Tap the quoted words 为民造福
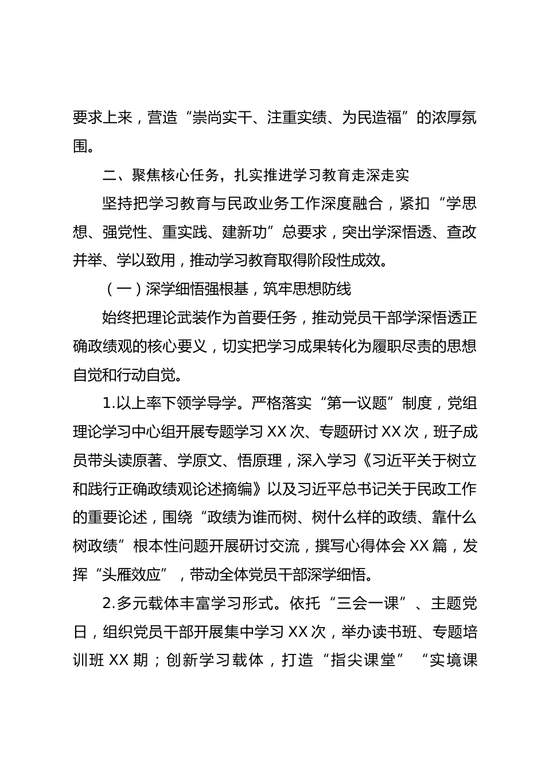(371, 119)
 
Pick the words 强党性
(132, 232)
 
